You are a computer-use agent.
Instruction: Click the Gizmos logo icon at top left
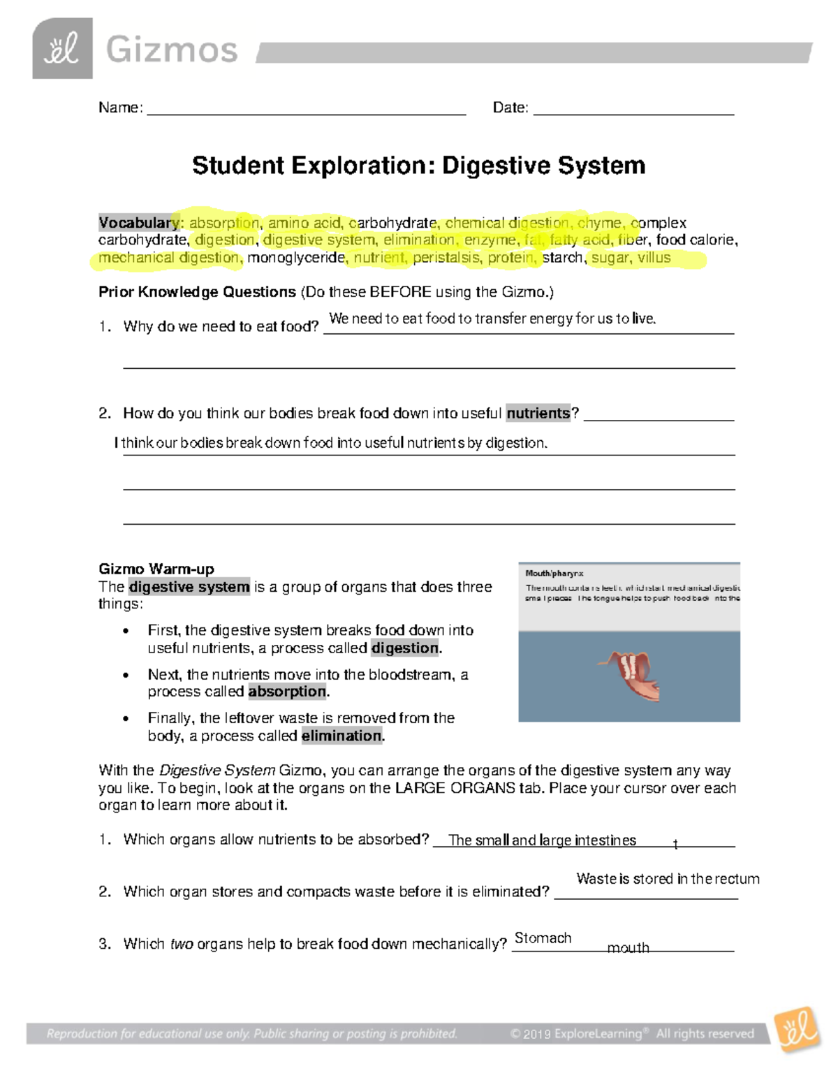(x=62, y=48)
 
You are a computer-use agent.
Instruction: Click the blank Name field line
(x=306, y=108)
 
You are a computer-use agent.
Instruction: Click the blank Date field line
(x=633, y=108)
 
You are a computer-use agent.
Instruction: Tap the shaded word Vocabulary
(x=139, y=223)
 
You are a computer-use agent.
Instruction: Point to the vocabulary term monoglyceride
(x=296, y=258)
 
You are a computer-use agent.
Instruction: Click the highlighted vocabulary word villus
(x=654, y=258)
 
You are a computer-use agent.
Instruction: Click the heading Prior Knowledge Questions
(x=198, y=292)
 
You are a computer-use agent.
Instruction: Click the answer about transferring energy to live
(x=492, y=319)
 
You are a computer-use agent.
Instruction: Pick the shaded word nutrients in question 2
(x=538, y=414)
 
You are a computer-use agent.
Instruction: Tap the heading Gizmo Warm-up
(x=156, y=569)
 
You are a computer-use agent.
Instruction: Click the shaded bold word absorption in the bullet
(x=287, y=692)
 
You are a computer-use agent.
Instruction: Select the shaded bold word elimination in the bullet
(x=341, y=736)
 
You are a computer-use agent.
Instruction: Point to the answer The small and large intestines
(x=542, y=840)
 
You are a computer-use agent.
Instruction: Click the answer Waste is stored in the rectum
(x=668, y=879)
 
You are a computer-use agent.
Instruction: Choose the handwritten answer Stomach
(x=543, y=938)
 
